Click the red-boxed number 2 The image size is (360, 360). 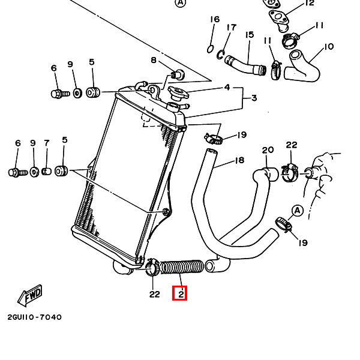coord(180,294)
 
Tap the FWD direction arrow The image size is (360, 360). coord(29,294)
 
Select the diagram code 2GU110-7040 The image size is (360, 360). coord(34,317)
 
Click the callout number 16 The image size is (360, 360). coord(215,20)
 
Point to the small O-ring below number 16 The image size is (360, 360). coord(210,49)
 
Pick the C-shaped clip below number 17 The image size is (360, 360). coord(221,55)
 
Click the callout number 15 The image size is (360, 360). coord(250,34)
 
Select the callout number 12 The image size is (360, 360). coord(309,3)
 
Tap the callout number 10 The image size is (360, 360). coord(328,46)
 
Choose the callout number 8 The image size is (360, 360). coord(154,60)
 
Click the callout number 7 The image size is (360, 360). coord(46,143)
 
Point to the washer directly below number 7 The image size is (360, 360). coord(46,172)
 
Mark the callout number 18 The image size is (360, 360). coord(239,160)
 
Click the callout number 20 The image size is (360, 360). coord(268,150)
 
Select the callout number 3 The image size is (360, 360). coord(253,98)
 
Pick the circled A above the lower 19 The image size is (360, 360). coord(296,210)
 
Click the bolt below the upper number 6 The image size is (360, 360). coord(58,94)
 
